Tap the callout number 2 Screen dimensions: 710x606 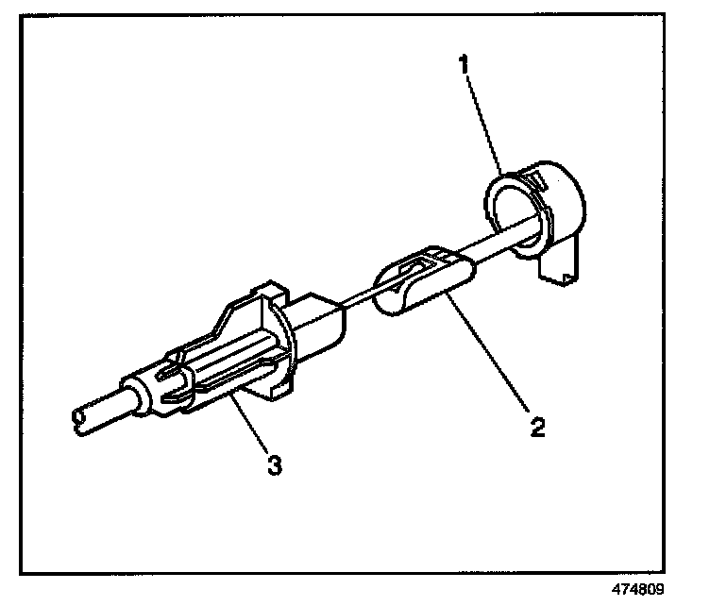(536, 427)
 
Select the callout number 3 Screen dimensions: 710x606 (274, 465)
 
